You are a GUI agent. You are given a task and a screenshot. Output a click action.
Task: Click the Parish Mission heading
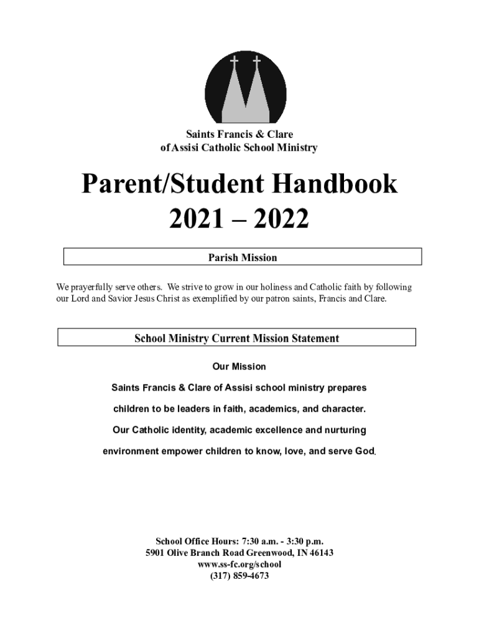(x=242, y=257)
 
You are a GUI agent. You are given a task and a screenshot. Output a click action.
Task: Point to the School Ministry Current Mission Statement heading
(x=236, y=338)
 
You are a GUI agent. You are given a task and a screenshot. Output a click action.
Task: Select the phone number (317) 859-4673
(x=240, y=576)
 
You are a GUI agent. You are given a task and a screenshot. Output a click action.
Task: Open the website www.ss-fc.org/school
(x=240, y=564)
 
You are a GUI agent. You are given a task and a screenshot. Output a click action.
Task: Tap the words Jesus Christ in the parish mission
(x=163, y=299)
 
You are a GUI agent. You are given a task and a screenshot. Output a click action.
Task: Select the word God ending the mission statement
(x=364, y=451)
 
